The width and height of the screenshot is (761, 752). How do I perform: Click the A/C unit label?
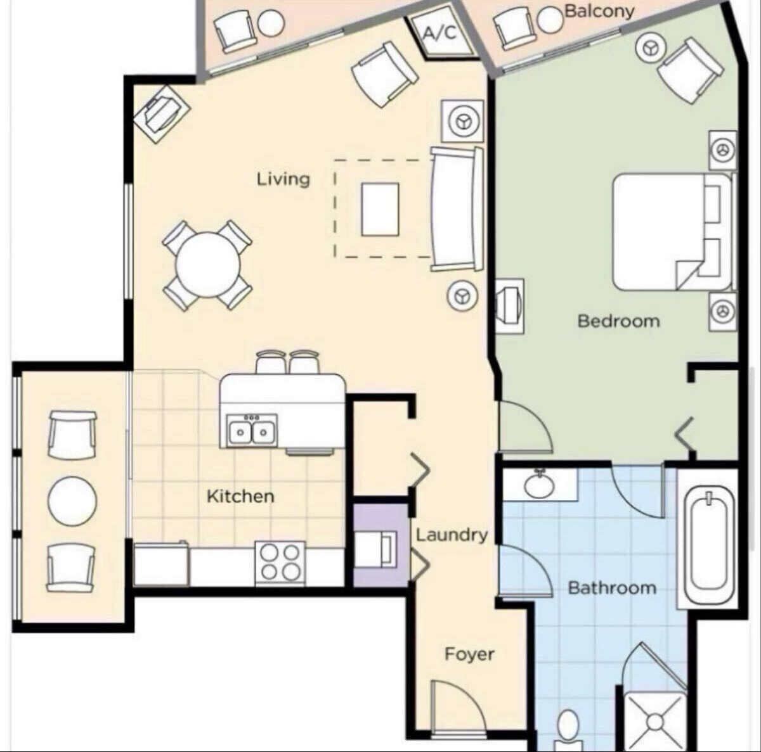click(x=439, y=33)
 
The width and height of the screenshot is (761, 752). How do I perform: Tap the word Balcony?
click(x=599, y=11)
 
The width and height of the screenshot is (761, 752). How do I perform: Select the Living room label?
click(x=283, y=179)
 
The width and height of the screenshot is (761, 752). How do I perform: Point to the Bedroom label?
click(x=618, y=321)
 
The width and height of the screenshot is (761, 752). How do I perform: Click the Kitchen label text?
click(x=240, y=496)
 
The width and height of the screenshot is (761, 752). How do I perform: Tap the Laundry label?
click(x=452, y=535)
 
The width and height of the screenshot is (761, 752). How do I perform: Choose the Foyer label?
click(x=469, y=654)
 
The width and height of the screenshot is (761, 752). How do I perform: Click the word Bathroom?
click(x=612, y=589)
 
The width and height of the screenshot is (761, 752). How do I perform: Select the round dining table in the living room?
click(x=208, y=265)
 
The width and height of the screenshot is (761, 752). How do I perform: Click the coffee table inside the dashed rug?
click(x=380, y=209)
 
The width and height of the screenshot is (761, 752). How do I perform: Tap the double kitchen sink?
click(x=252, y=430)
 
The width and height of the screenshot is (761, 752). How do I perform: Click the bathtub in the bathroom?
click(x=708, y=539)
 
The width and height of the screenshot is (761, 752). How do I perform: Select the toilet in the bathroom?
click(x=568, y=732)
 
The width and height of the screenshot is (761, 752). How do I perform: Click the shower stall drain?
click(x=655, y=722)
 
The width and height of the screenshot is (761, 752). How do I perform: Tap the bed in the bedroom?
click(x=672, y=232)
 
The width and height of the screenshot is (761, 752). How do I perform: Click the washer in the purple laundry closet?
click(x=375, y=549)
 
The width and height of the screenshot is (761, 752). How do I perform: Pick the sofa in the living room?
click(x=457, y=209)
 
